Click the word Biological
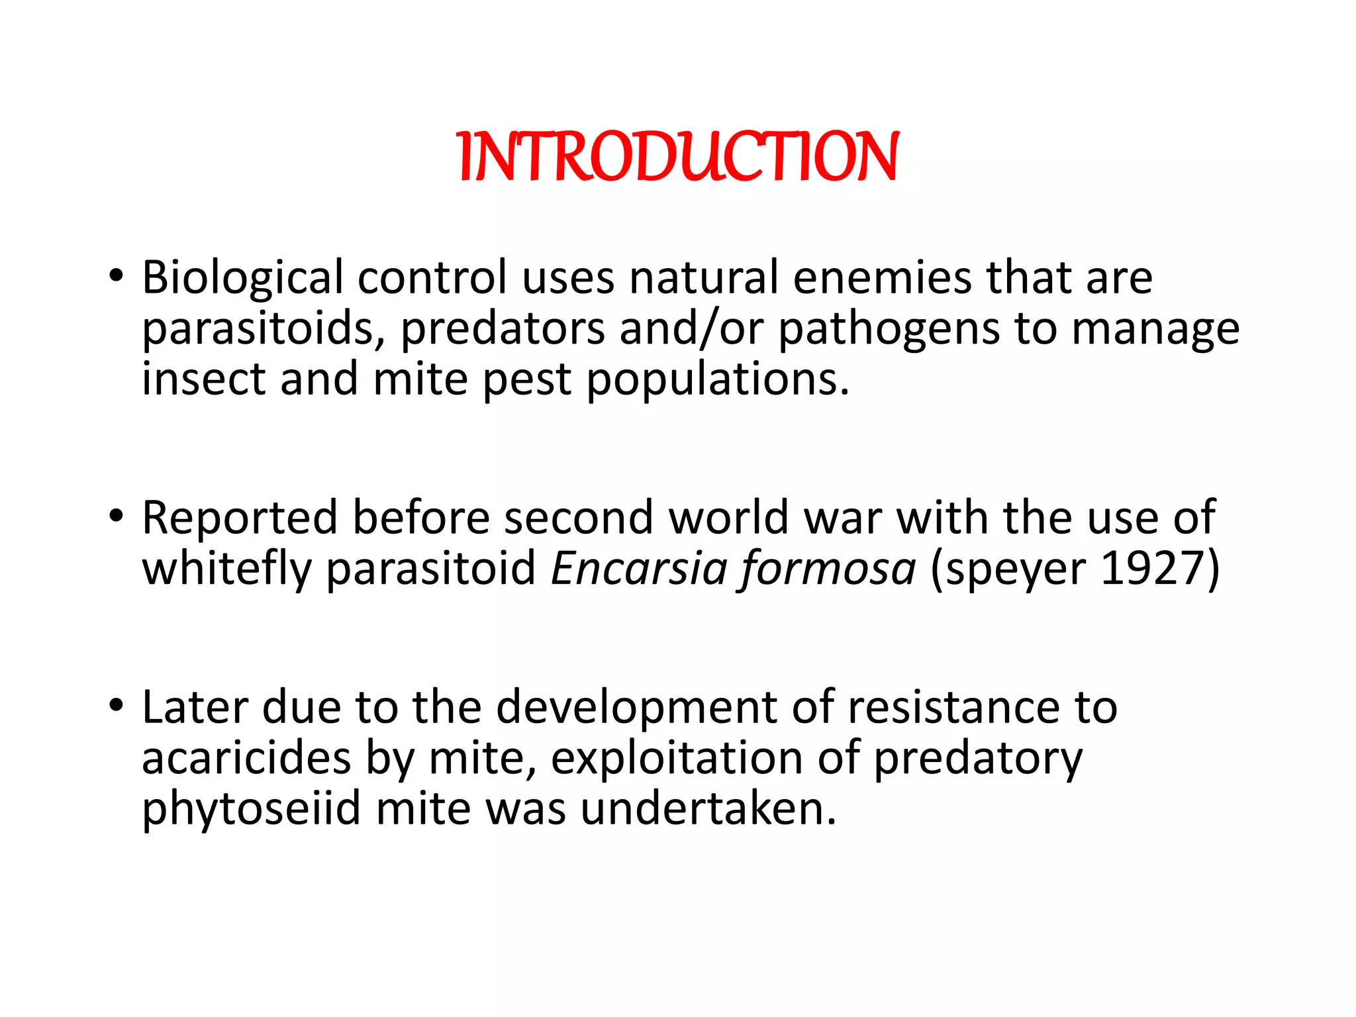[242, 277]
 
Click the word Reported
[240, 517]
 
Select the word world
[729, 517]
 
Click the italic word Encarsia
[637, 569]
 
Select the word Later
[195, 707]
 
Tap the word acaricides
[246, 758]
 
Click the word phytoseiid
[252, 809]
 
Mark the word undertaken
[708, 809]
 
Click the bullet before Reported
[117, 515]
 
